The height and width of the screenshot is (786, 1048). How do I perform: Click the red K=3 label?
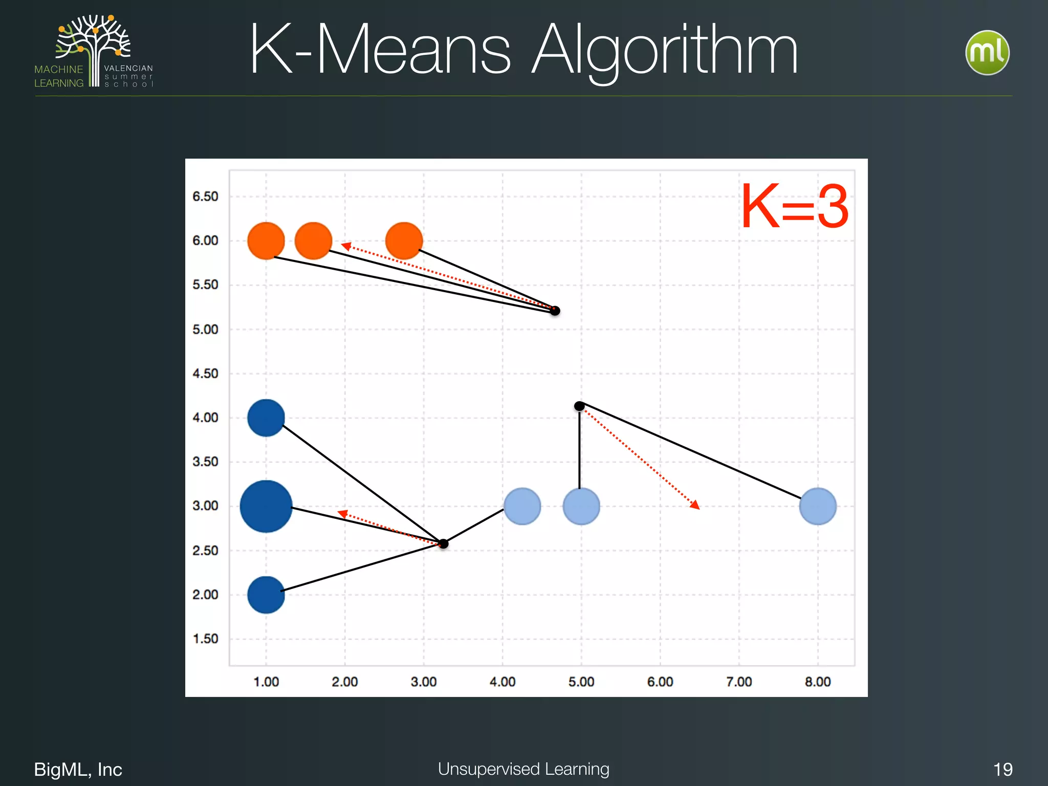point(795,207)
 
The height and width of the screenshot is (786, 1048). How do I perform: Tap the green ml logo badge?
point(987,53)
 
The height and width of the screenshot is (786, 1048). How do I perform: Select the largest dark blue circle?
point(266,507)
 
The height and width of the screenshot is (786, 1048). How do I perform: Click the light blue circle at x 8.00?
point(818,506)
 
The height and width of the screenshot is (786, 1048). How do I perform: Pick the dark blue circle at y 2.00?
point(266,595)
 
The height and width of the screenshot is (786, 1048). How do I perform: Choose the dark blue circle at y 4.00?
point(266,418)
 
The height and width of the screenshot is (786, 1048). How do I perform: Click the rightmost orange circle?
point(404,241)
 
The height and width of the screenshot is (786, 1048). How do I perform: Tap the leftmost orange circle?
point(266,241)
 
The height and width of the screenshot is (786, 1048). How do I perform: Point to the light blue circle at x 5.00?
point(581,506)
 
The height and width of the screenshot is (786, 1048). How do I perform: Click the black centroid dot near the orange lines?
point(555,311)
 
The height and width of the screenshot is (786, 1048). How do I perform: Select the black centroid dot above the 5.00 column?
point(579,406)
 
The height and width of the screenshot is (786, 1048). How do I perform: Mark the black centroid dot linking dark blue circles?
point(444,543)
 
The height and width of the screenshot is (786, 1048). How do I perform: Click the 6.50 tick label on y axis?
point(205,196)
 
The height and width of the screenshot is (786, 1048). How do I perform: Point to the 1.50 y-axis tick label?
point(205,639)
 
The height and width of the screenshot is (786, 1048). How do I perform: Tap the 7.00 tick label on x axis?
point(739,682)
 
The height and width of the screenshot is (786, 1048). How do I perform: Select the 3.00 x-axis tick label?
point(424,682)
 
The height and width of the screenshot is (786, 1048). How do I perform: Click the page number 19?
point(1002,769)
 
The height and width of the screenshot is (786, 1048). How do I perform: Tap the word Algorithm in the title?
point(664,51)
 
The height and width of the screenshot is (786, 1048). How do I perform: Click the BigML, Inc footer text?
point(78,769)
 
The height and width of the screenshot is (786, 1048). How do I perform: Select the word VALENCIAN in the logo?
point(128,68)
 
